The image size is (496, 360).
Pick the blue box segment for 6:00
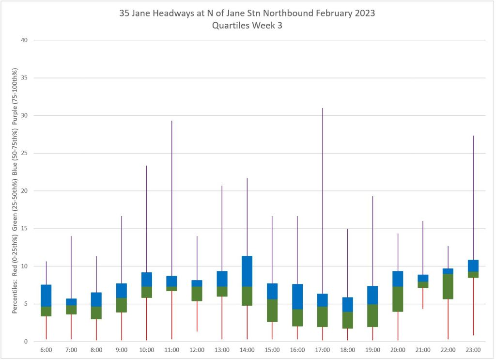tap(46, 296)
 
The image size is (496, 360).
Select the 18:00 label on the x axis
tap(347, 349)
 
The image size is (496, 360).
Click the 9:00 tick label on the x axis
tap(122, 349)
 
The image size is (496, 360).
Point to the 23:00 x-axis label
tap(473, 349)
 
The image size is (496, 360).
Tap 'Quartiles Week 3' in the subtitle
tap(247, 26)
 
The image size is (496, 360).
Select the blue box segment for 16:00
tap(297, 297)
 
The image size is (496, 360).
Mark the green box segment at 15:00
tap(272, 310)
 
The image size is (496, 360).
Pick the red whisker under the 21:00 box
tap(423, 298)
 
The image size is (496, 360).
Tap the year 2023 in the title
tap(361, 13)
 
